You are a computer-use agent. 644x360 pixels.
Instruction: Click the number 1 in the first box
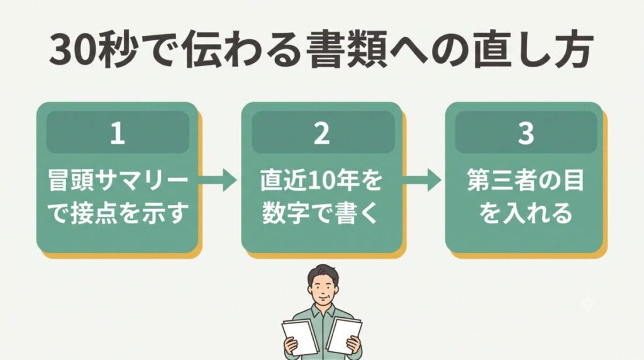coord(118,133)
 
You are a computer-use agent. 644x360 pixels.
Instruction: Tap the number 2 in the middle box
coord(321,133)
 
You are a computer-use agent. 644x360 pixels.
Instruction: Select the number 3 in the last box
coord(526,133)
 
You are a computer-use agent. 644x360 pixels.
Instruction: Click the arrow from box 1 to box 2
coord(218,179)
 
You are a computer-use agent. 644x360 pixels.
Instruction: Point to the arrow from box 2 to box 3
coord(421,179)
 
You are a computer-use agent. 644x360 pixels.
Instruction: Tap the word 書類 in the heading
coord(348,50)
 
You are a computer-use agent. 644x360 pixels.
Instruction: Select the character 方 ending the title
coord(573,50)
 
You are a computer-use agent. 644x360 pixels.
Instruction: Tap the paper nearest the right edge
coord(344,335)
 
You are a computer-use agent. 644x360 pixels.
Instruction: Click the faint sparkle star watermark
coord(588,305)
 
